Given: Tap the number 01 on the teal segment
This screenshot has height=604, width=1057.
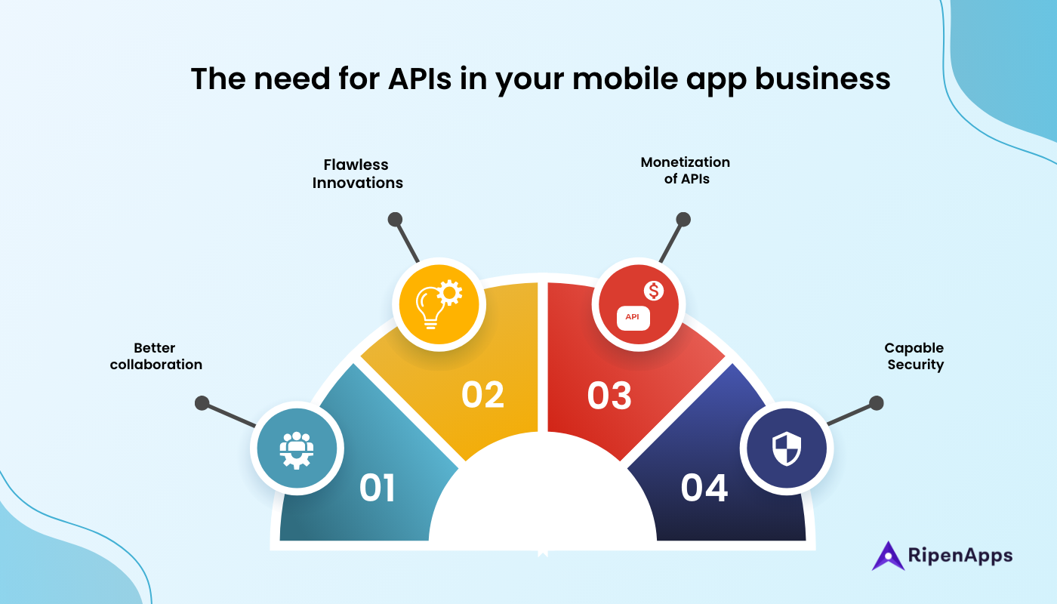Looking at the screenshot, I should tap(377, 488).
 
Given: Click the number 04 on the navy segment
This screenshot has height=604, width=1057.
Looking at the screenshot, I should tap(704, 488).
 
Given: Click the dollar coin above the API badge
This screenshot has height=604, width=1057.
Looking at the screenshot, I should tap(653, 290).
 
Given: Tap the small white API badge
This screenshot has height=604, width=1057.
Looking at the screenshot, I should tap(633, 317).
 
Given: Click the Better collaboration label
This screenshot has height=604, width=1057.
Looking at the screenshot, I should tap(156, 356).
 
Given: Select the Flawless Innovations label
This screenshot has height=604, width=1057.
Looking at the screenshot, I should tap(357, 174).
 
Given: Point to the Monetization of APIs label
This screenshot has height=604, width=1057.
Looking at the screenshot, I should tap(686, 171).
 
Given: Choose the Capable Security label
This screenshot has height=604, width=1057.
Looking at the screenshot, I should tap(914, 356).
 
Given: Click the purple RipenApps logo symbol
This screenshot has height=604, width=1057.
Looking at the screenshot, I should tap(888, 556).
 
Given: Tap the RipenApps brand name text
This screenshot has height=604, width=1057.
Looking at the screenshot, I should tap(960, 556).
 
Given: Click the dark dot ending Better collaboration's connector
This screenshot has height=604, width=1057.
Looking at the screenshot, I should tap(202, 403).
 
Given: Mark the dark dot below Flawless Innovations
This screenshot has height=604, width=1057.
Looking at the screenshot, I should tap(394, 220).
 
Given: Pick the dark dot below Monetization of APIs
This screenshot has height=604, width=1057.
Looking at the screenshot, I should tap(683, 220).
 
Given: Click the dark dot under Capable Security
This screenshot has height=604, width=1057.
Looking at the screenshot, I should tap(876, 403).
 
